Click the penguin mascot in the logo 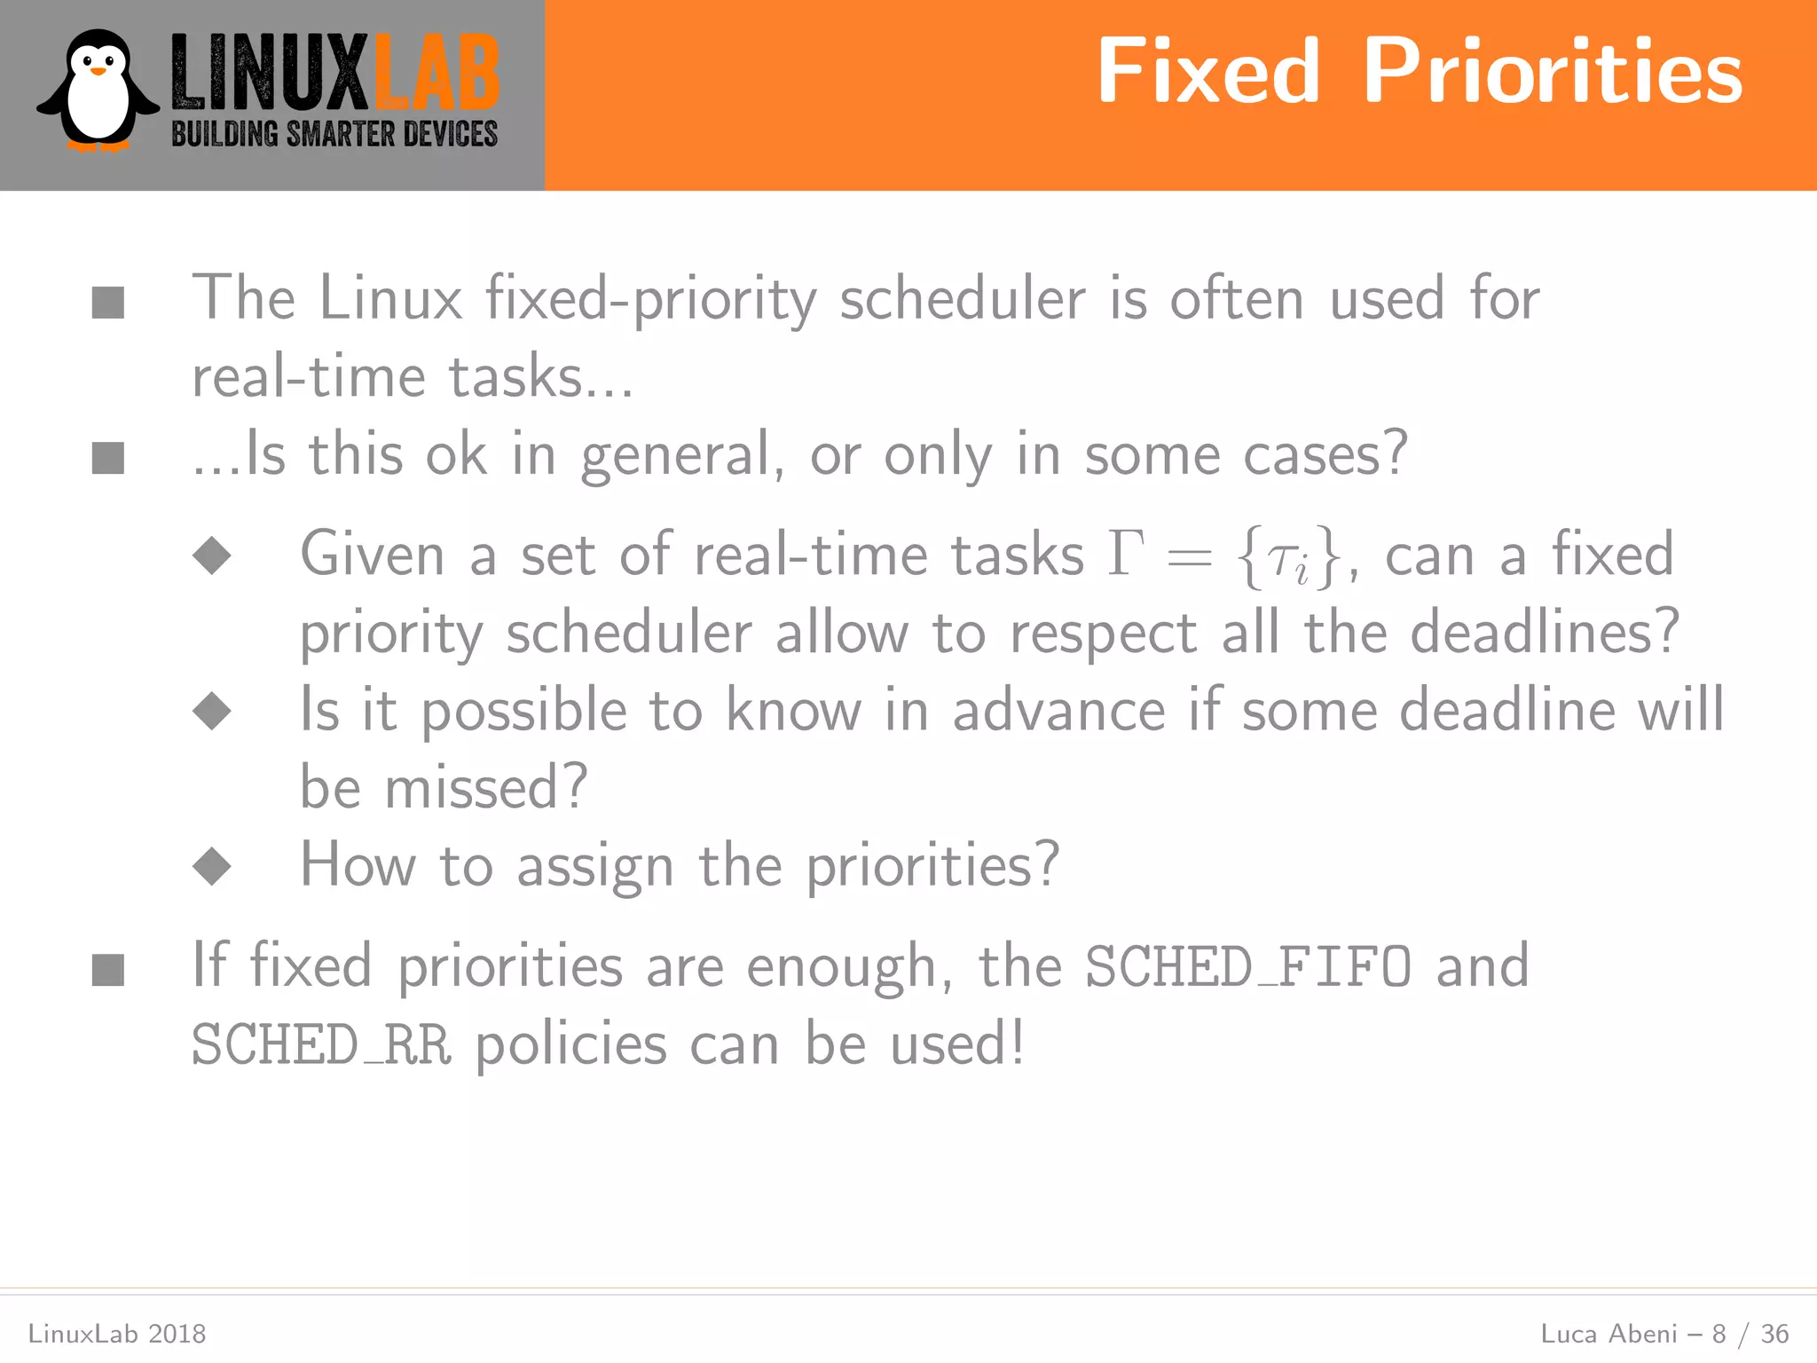[x=97, y=91]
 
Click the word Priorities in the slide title [x=1553, y=72]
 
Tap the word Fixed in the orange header [x=1208, y=72]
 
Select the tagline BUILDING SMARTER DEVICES [x=334, y=135]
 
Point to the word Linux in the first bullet [x=390, y=298]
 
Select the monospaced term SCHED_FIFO [x=1247, y=966]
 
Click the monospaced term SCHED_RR [x=321, y=1044]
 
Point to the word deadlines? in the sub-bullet [x=1545, y=632]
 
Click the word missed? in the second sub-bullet [x=486, y=787]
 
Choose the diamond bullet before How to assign [x=212, y=866]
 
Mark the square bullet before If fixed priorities [x=108, y=969]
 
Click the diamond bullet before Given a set [x=212, y=555]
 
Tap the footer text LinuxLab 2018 [x=117, y=1334]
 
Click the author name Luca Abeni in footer [x=1609, y=1334]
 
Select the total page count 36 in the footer [x=1774, y=1334]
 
